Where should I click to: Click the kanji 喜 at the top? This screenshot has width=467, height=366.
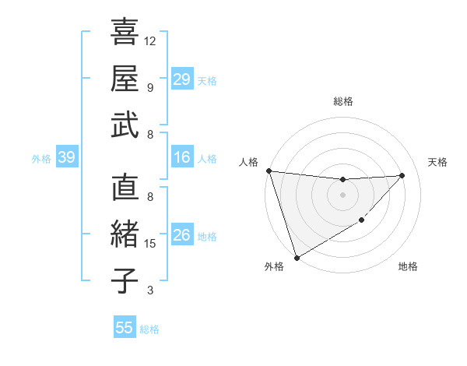(125, 32)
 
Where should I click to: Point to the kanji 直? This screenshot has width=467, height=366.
(125, 188)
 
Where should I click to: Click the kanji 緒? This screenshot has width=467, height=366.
(125, 234)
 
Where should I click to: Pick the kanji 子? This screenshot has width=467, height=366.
(125, 280)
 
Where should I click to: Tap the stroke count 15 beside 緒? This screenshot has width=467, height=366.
(151, 244)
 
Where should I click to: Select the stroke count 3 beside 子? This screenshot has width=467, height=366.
(150, 290)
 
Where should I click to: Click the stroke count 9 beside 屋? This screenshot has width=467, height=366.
(150, 87)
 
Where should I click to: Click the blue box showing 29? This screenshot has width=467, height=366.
(182, 79)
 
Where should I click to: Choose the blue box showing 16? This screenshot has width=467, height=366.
(182, 158)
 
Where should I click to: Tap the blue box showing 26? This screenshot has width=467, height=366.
(182, 235)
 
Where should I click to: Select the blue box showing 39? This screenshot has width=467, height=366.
(67, 158)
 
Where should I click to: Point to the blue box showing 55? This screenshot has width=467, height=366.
(125, 328)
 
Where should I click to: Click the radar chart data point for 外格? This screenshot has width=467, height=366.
(297, 257)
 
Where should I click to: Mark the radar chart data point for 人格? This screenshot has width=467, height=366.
(269, 171)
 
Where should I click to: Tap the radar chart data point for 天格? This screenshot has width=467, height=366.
(402, 175)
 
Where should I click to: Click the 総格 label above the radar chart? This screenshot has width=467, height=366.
(343, 101)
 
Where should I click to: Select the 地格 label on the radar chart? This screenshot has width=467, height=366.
(408, 267)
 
